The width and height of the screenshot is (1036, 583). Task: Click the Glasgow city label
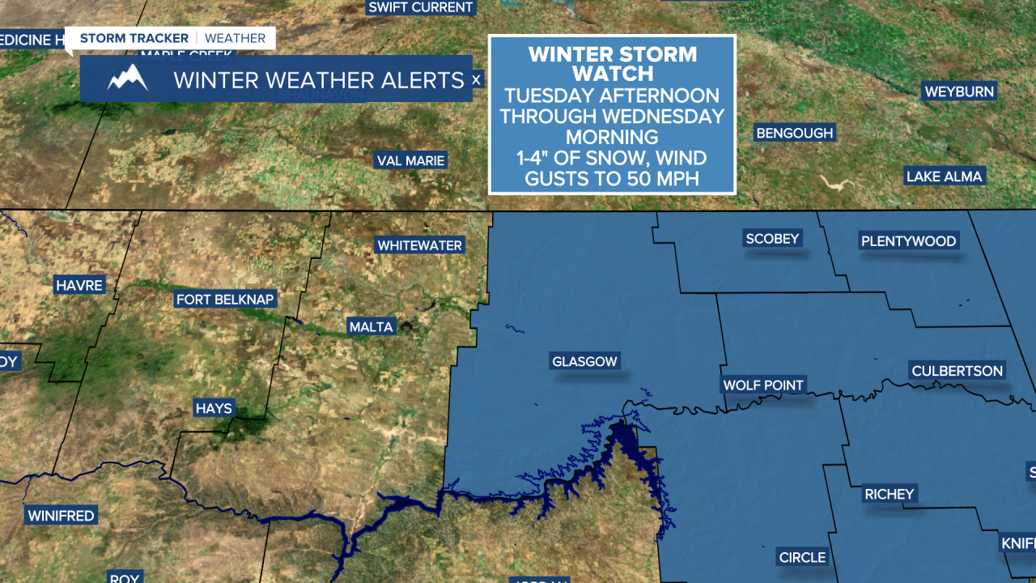584,362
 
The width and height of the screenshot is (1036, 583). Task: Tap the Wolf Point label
763,385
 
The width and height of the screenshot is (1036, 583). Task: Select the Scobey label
772,239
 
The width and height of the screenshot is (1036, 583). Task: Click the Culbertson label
957,371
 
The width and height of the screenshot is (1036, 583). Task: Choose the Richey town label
889,494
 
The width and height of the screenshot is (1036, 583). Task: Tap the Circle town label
802,557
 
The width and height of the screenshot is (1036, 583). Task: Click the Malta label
371,327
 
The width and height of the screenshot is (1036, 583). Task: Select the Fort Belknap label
226,300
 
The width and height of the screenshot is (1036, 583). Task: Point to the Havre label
79,285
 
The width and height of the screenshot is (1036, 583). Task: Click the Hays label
214,409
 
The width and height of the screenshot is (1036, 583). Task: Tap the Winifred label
61,516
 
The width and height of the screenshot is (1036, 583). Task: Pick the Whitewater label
419,245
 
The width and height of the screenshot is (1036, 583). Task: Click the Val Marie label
410,160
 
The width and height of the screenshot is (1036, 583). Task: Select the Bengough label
794,133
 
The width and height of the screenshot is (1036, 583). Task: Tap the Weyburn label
959,91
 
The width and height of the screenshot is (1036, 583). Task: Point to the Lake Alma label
944,177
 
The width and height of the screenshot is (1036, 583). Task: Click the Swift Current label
419,7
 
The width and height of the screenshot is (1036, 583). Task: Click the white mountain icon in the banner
128,78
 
